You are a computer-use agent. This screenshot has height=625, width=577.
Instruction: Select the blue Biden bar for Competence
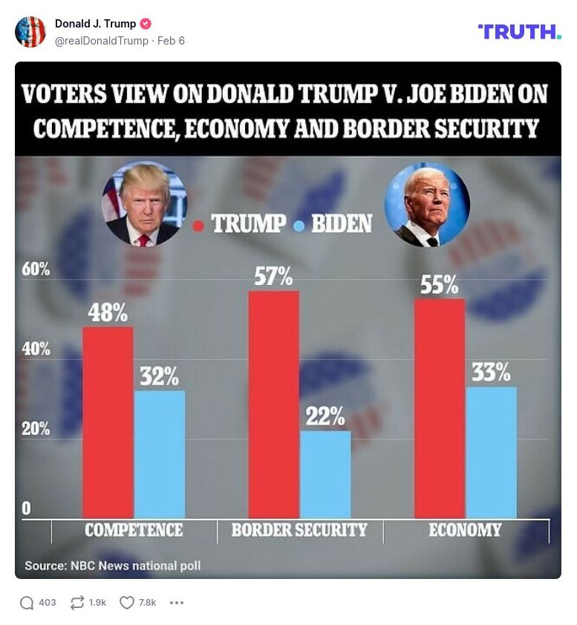click(x=160, y=454)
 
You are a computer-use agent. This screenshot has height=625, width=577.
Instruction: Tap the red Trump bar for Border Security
click(x=273, y=404)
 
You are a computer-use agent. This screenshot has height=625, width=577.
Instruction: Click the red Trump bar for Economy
click(x=439, y=408)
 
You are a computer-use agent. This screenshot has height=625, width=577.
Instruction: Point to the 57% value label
click(x=273, y=277)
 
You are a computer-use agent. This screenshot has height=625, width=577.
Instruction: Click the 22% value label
click(x=325, y=416)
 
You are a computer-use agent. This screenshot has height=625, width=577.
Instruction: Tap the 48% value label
click(x=108, y=312)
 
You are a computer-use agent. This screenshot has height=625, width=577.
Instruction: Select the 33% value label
click(x=491, y=372)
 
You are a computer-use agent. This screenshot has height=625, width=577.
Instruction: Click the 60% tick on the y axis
click(x=36, y=269)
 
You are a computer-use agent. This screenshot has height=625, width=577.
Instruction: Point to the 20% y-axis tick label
click(x=36, y=429)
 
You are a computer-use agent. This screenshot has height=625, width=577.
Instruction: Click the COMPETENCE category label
click(x=134, y=530)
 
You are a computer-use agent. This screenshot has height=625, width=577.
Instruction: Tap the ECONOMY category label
click(x=465, y=530)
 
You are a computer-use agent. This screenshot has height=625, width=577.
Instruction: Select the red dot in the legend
click(x=198, y=224)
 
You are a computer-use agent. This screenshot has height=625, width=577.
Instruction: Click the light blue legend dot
click(x=299, y=224)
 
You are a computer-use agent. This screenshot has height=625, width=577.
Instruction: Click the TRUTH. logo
click(x=519, y=32)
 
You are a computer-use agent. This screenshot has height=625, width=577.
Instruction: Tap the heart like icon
click(x=126, y=603)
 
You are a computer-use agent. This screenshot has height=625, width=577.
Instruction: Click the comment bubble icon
click(x=27, y=603)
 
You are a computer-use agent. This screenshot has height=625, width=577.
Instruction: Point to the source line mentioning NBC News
click(x=113, y=566)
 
